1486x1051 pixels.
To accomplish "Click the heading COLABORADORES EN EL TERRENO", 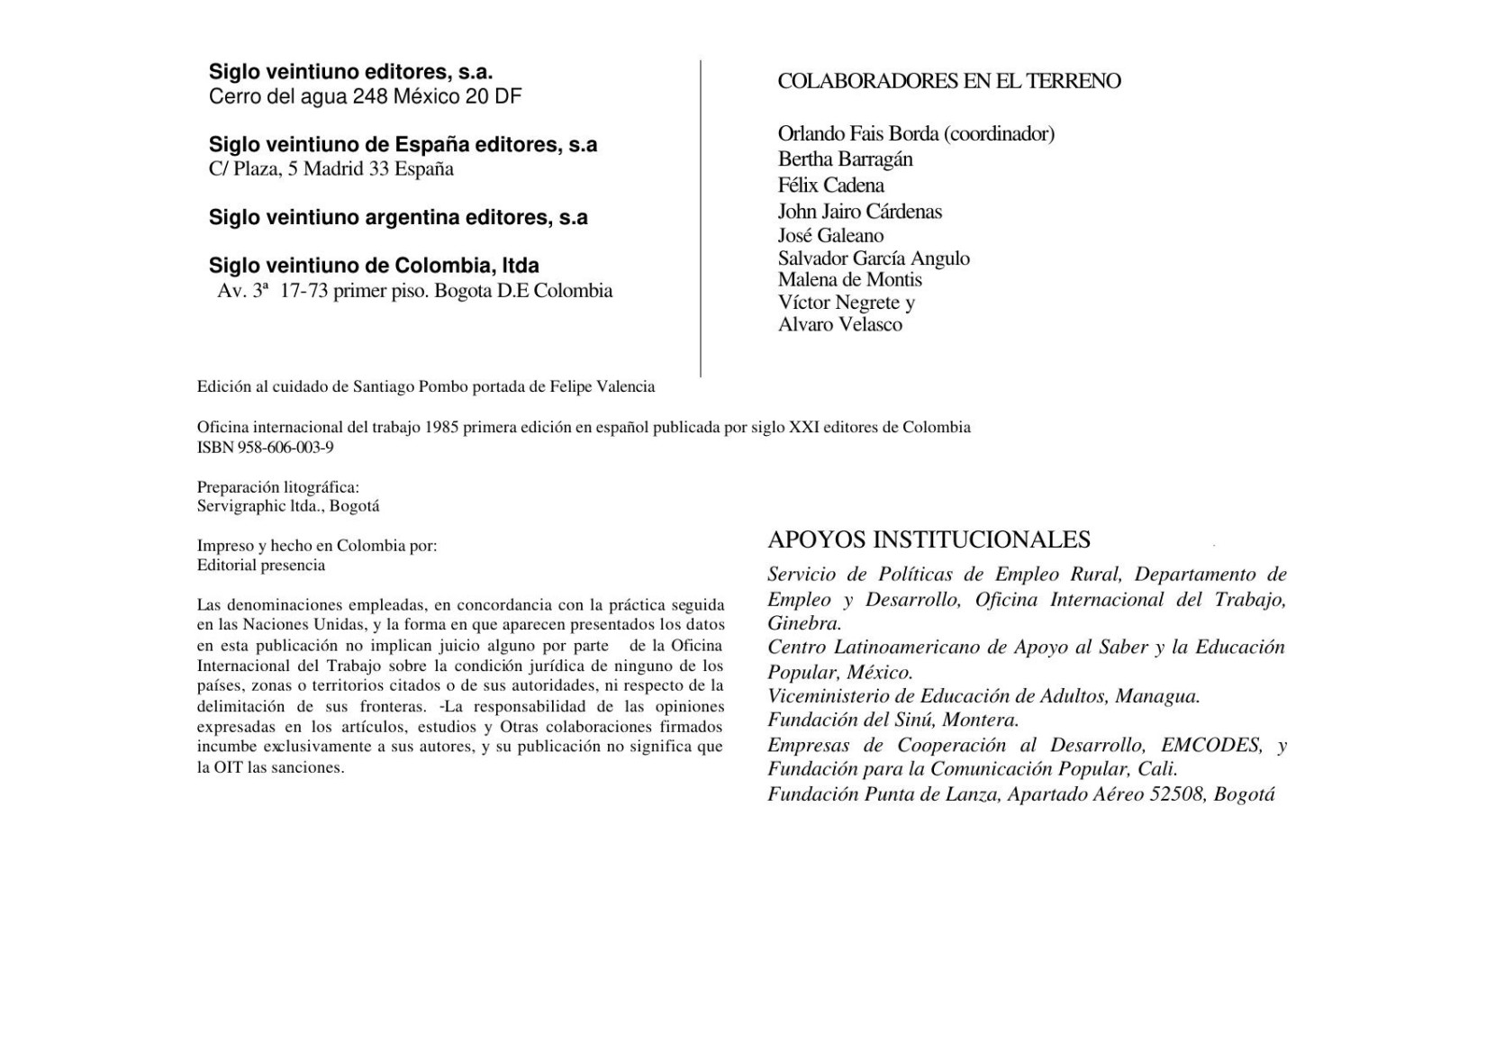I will click(948, 81).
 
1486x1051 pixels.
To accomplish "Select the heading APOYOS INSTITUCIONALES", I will click(929, 539).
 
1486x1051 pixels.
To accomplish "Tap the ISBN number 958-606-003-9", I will click(284, 448).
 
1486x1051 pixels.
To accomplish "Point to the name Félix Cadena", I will click(830, 186).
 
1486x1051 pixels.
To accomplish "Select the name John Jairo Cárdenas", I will click(859, 212).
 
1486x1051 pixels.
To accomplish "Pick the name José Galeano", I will click(830, 236).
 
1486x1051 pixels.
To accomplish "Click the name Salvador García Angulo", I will click(874, 258).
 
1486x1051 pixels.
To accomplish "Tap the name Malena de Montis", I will click(849, 280).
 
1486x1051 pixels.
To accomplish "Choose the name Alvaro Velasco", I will click(839, 325).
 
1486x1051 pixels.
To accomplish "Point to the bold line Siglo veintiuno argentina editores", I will click(398, 218).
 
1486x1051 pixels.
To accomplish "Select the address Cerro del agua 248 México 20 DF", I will click(365, 96).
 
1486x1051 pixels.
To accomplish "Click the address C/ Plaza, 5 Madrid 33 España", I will click(331, 169).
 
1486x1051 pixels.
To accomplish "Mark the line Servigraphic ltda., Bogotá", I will click(288, 506).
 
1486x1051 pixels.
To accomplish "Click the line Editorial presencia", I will click(261, 566).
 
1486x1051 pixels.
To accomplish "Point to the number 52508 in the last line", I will click(1178, 794).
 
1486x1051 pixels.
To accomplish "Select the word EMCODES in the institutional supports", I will click(1211, 746).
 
